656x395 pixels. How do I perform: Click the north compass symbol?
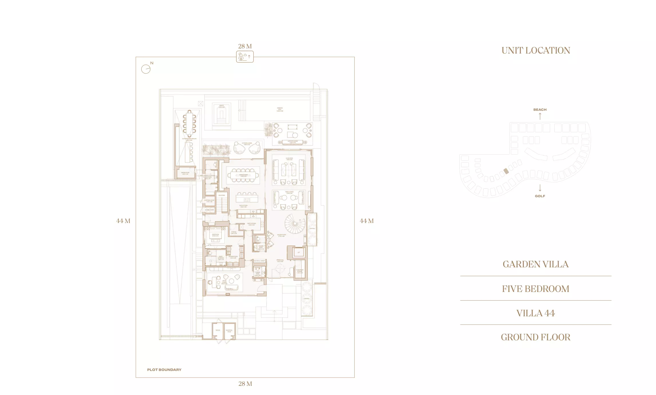click(x=146, y=69)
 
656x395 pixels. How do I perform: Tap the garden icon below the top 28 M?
click(x=245, y=57)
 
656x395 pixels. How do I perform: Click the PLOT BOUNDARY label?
click(x=164, y=370)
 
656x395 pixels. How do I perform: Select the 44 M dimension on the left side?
click(x=123, y=221)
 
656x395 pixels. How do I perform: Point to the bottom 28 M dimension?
click(x=245, y=384)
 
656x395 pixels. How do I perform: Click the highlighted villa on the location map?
click(x=506, y=171)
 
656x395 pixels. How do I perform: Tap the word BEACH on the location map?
click(x=540, y=110)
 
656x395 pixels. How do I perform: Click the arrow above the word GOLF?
click(x=540, y=188)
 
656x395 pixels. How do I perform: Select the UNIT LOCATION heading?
click(x=536, y=51)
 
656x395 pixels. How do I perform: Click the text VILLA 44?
click(x=535, y=313)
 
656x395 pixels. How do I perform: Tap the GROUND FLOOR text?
click(x=535, y=337)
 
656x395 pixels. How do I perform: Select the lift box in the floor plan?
click(x=299, y=252)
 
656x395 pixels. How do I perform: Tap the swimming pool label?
click(x=280, y=109)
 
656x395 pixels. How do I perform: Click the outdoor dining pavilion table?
click(x=189, y=123)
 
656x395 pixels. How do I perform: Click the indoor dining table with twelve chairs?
click(x=243, y=175)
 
